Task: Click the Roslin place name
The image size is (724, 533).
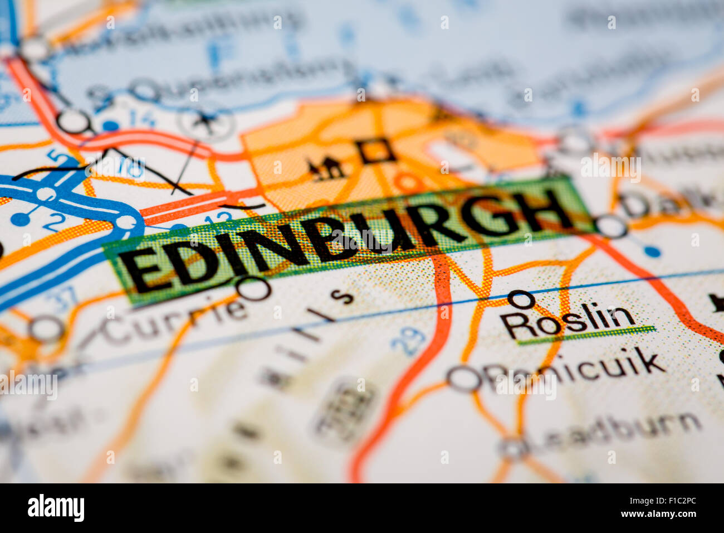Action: [567, 322]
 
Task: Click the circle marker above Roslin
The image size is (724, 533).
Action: [521, 300]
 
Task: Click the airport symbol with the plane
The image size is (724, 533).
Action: [206, 120]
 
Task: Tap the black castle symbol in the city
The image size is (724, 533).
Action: [326, 168]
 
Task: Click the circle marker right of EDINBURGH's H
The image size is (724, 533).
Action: [611, 226]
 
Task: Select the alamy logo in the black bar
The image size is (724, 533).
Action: [56, 508]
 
